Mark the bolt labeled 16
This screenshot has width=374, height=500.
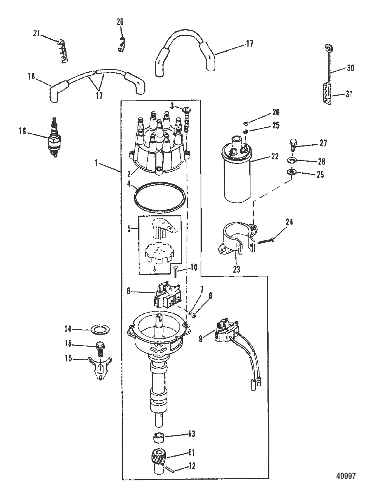(x=100, y=347)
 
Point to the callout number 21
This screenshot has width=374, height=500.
(x=36, y=34)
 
